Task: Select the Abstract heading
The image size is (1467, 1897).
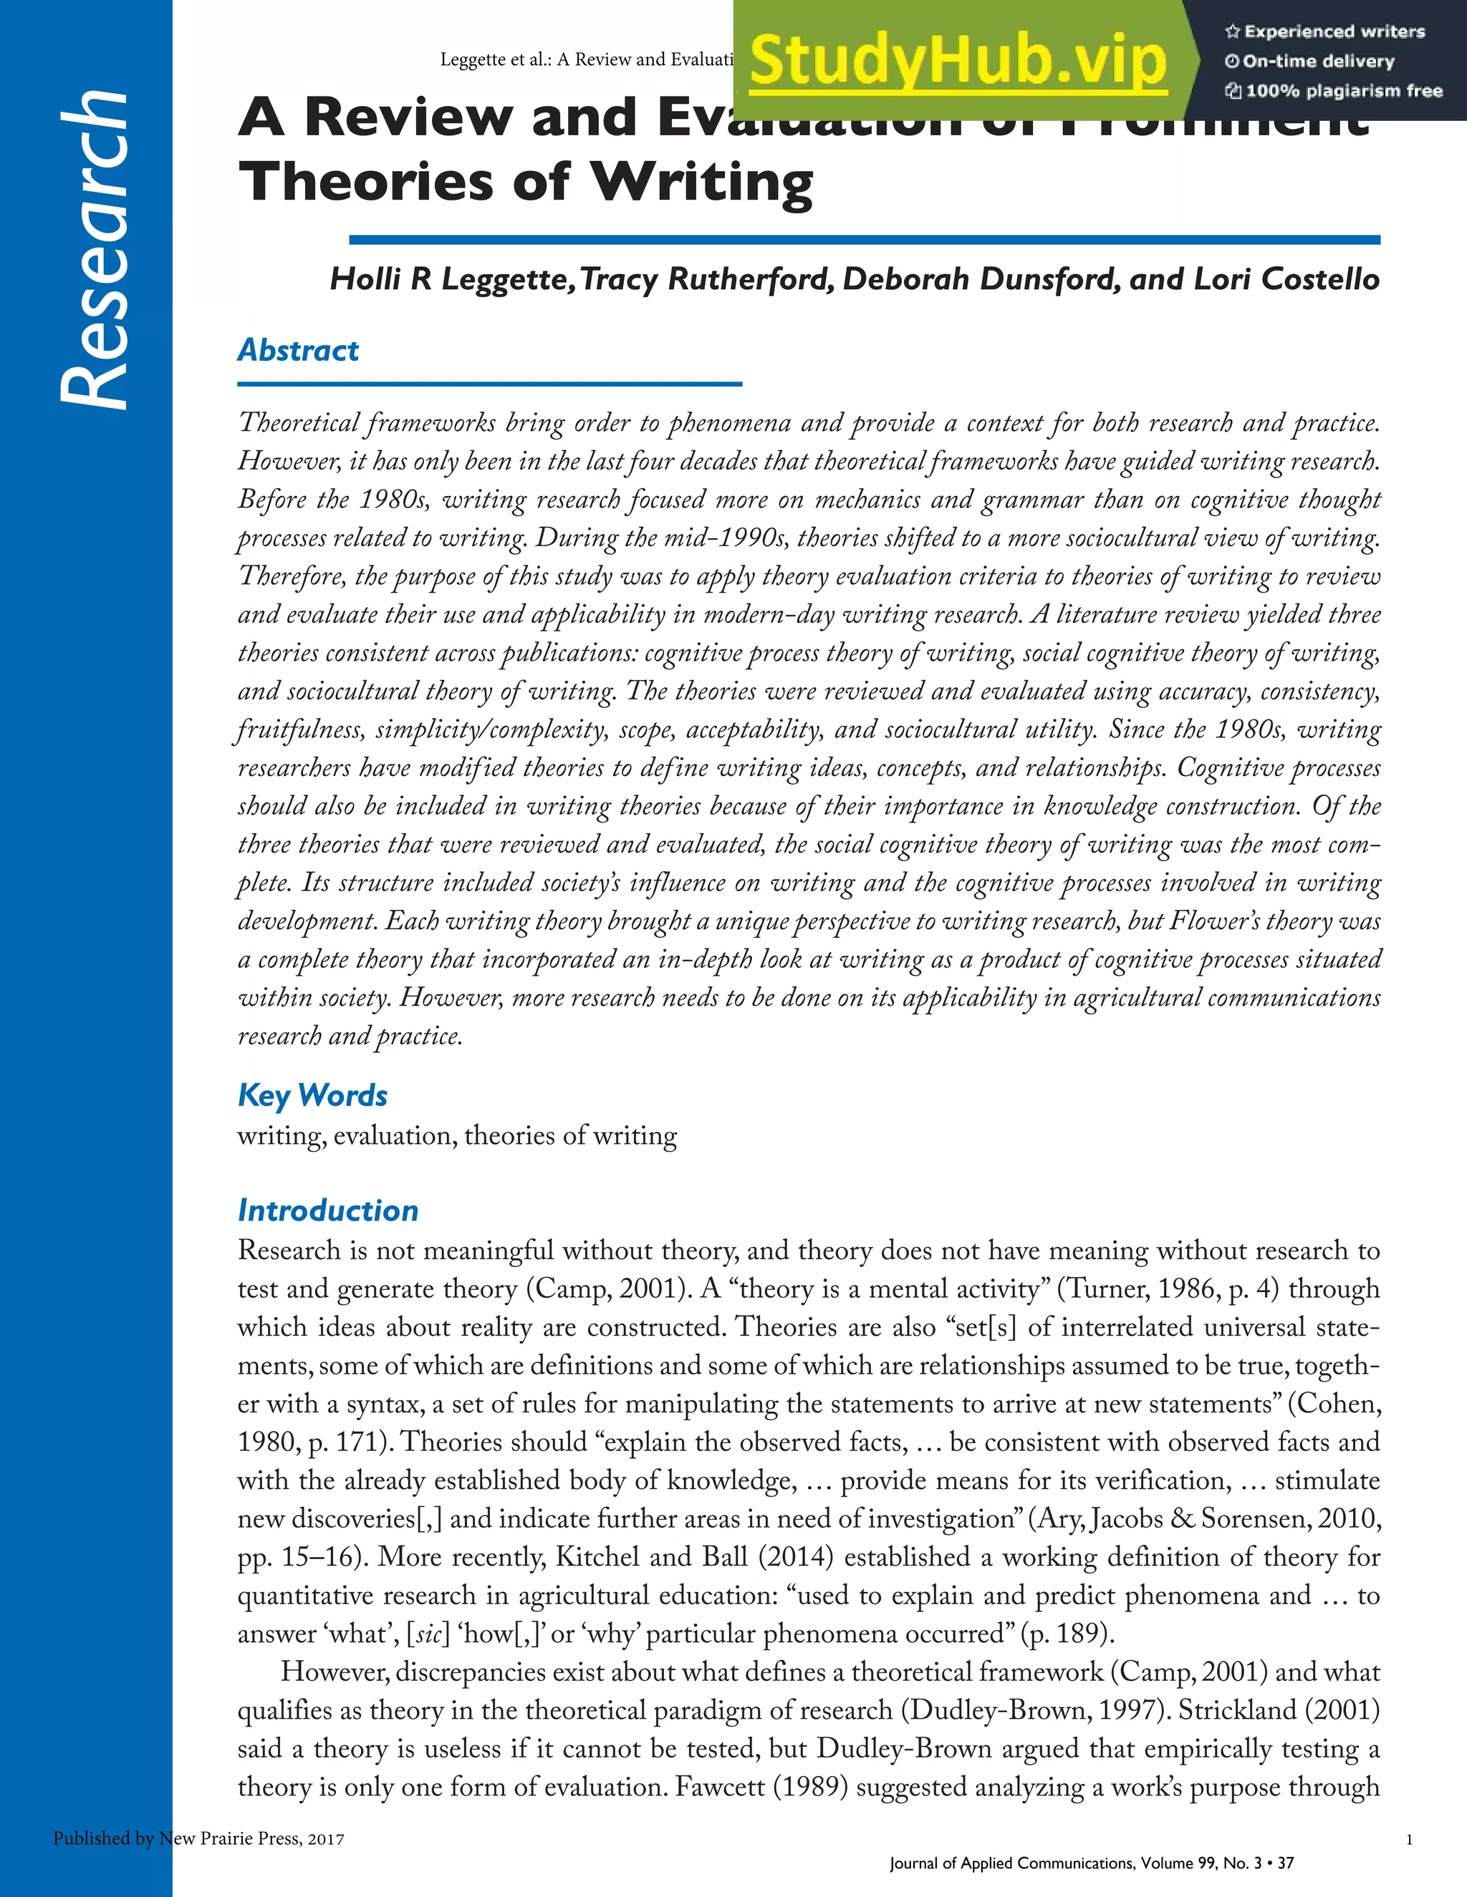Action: pyautogui.click(x=298, y=350)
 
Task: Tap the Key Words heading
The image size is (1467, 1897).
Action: pyautogui.click(x=312, y=1095)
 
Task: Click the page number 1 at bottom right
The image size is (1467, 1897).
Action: pyautogui.click(x=1409, y=1839)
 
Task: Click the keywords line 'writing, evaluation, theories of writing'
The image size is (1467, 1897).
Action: pyautogui.click(x=457, y=1136)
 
